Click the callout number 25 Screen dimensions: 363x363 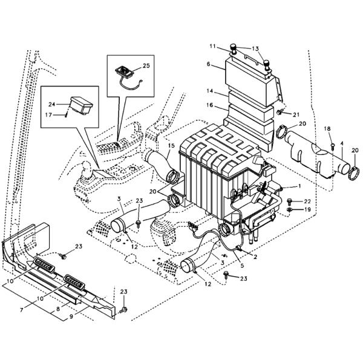pos(146,66)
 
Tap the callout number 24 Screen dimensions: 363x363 pos(51,105)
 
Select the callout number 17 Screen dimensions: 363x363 pos(48,115)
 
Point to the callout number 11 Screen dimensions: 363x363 pos(212,47)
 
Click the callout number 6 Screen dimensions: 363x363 pos(209,64)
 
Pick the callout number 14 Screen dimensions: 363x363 pos(210,91)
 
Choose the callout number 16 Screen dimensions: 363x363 pos(210,105)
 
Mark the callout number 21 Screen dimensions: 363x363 pos(296,114)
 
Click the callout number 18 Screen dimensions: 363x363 pos(327,129)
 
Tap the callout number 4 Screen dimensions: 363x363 pos(342,143)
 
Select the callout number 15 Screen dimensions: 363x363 pos(171,146)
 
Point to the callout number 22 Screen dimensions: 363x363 pos(307,201)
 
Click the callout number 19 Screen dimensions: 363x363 pos(307,210)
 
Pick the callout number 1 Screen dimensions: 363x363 pos(299,186)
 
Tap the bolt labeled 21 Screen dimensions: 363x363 pos(279,113)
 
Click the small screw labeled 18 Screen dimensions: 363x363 pos(332,146)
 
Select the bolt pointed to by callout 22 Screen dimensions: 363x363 pos(289,201)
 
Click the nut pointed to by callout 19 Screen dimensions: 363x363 pos(289,210)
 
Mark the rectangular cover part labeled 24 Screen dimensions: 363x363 pos(82,105)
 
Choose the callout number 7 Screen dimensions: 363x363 pos(22,310)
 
